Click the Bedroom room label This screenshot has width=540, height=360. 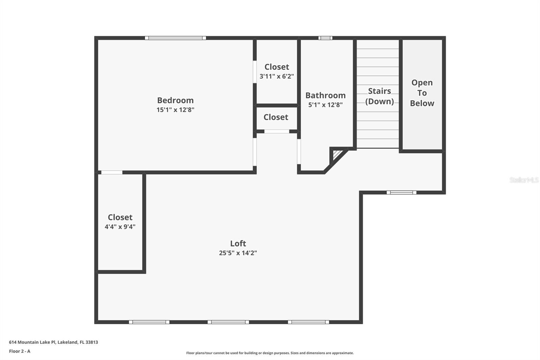pos(175,100)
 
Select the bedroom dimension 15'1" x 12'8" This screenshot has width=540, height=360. pos(175,110)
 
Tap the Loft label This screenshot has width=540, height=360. pos(238,243)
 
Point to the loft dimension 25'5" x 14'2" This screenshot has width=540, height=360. pos(238,253)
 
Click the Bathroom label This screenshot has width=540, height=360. pos(325,95)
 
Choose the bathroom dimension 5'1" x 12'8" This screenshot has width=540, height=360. pos(325,105)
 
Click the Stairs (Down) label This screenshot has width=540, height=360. pos(379,96)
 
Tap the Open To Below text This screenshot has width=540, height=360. pos(422,93)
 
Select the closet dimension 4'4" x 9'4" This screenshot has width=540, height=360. pos(120,227)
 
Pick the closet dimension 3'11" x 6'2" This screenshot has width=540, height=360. pos(276,76)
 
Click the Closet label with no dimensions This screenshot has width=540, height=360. pos(276,117)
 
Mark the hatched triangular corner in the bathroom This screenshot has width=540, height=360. pos(337,155)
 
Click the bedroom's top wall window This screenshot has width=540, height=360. pos(175,38)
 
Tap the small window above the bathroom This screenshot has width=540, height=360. pos(325,38)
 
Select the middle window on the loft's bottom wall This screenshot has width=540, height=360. pos(228,322)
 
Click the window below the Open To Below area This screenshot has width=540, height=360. pos(401,192)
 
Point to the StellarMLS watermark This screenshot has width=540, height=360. pos(524,180)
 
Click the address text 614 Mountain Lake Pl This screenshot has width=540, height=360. pos(53,342)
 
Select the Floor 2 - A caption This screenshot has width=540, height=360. pos(20,351)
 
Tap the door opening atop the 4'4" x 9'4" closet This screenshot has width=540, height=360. pos(112,173)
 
